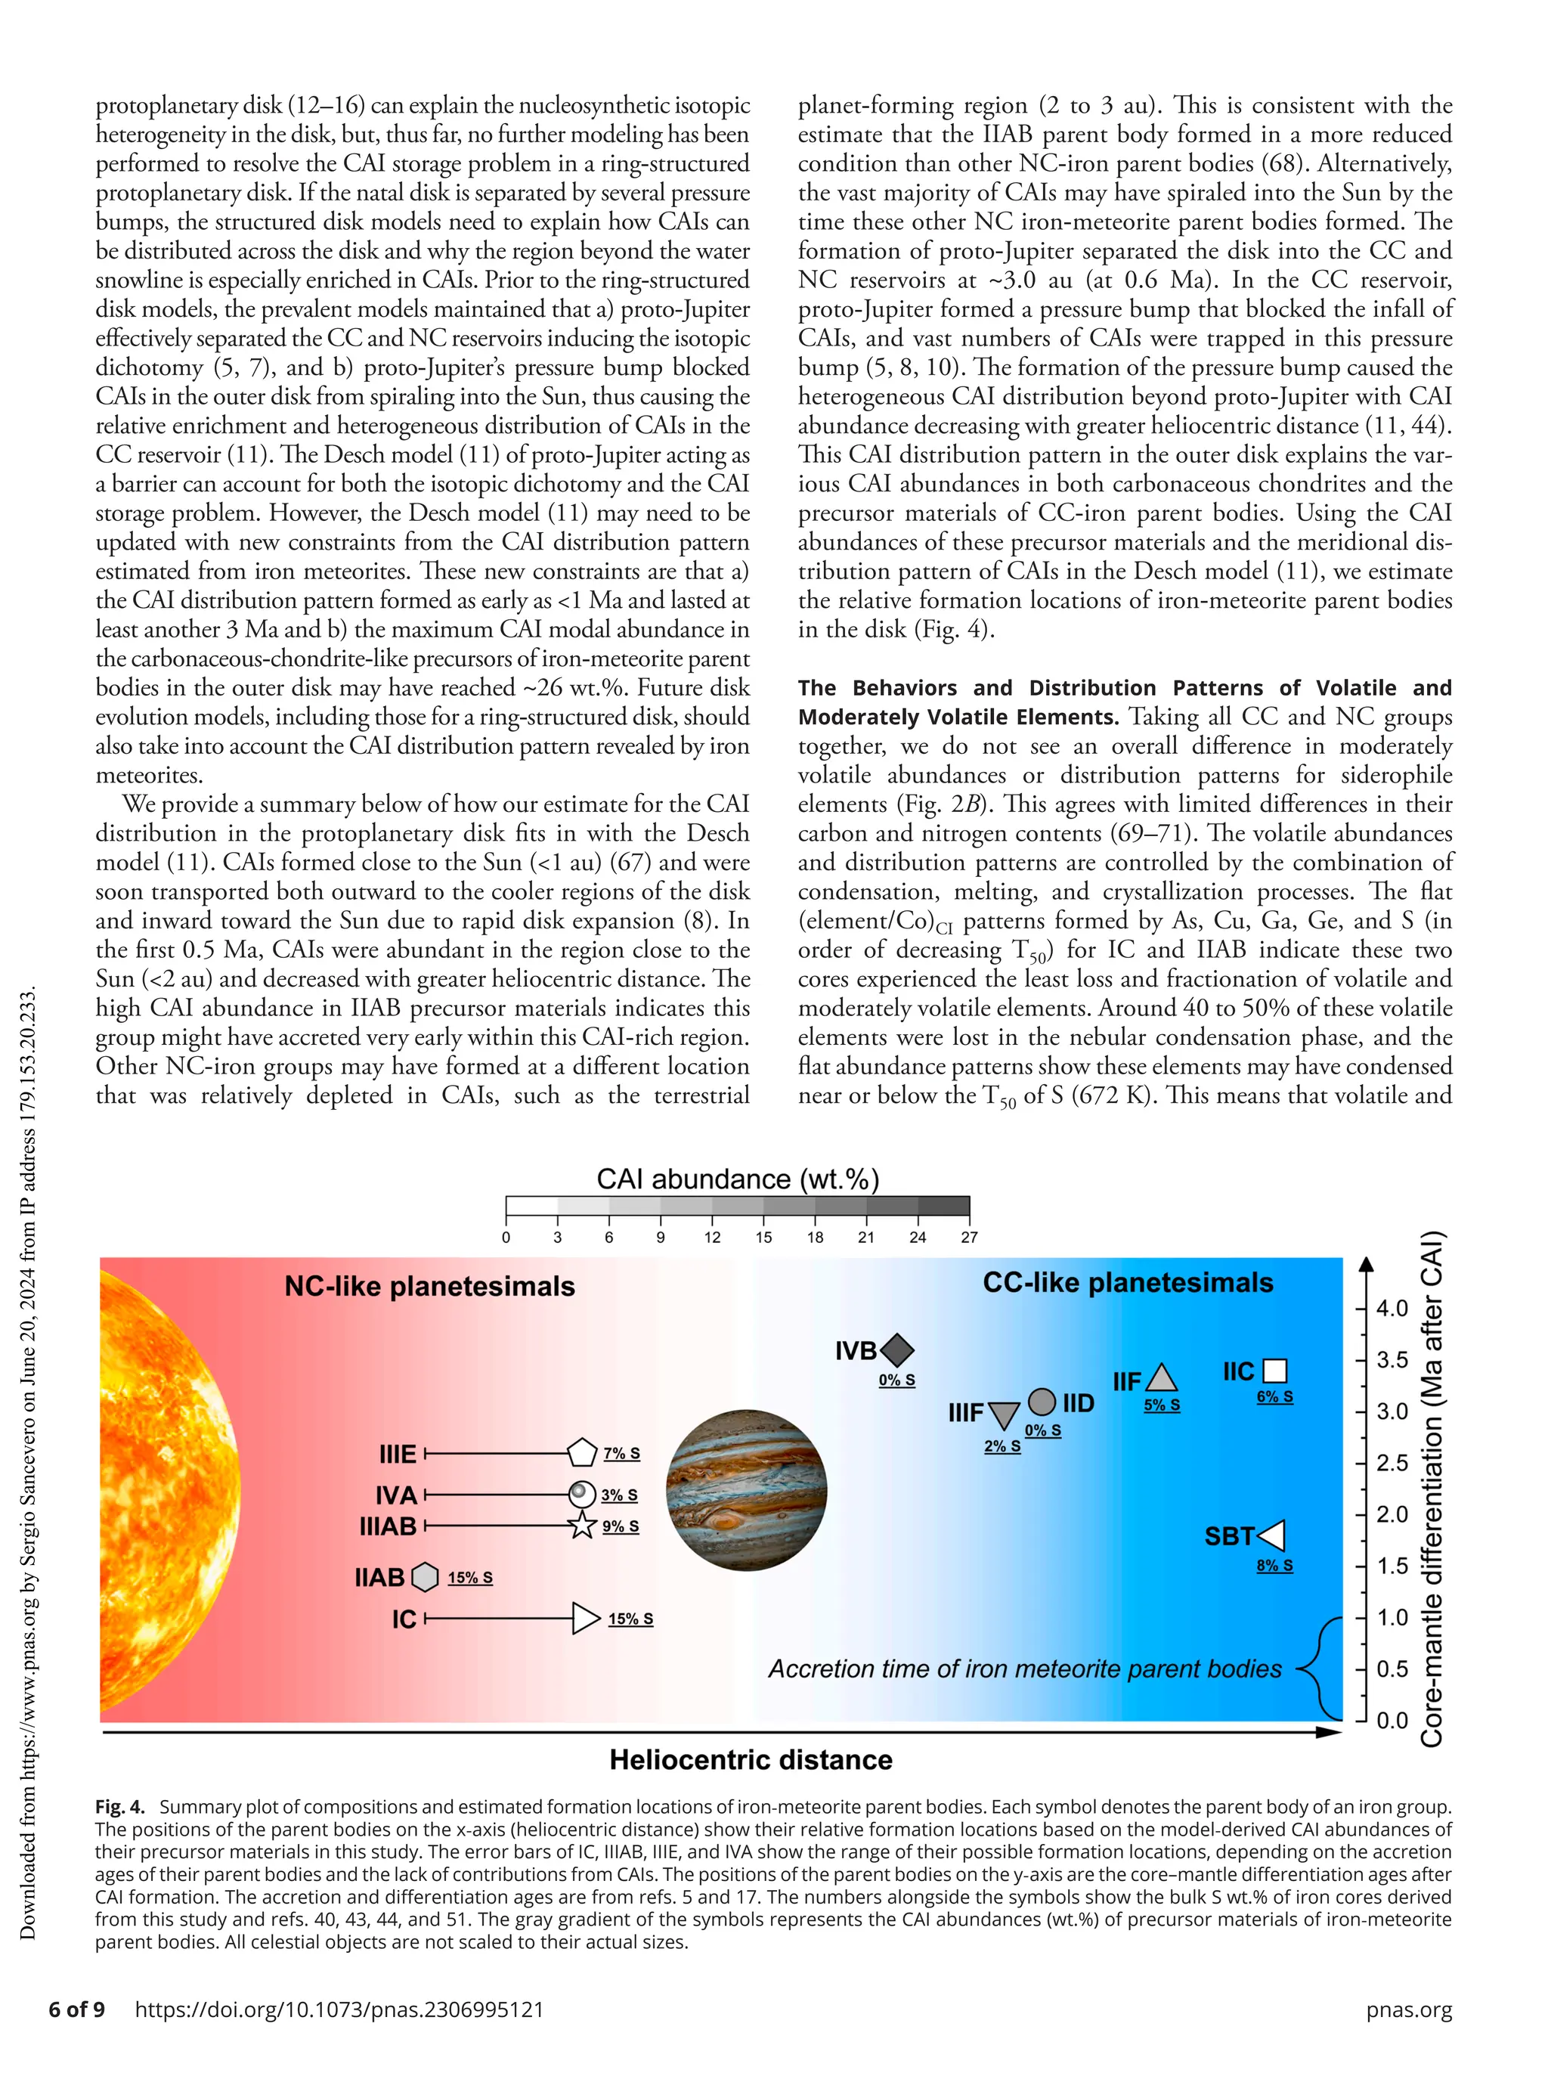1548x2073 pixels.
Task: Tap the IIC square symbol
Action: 1274,1371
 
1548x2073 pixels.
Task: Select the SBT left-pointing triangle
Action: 1273,1536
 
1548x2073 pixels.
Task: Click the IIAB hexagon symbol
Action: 426,1577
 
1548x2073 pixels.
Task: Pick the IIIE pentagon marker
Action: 582,1454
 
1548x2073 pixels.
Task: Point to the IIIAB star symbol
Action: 582,1526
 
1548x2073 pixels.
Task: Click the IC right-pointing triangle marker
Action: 586,1619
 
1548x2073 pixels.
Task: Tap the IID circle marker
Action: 1042,1402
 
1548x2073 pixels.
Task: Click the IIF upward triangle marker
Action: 1162,1377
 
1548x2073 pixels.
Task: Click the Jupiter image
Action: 747,1490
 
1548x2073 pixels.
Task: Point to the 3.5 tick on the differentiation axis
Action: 1392,1360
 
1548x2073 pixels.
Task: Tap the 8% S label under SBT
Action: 1274,1565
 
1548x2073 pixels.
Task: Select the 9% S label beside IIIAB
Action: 621,1526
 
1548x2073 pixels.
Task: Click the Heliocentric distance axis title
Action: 751,1760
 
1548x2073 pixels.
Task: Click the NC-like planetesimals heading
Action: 429,1286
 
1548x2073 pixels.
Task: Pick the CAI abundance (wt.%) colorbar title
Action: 738,1178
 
